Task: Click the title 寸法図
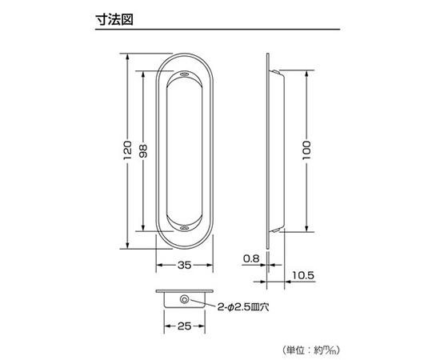114,19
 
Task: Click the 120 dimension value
127,150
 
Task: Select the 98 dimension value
143,151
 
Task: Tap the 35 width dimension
184,265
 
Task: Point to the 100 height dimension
306,150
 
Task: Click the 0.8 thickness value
251,258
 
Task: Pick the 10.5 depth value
303,275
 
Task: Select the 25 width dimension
184,326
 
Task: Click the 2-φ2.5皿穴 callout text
243,307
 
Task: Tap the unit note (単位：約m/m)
311,350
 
